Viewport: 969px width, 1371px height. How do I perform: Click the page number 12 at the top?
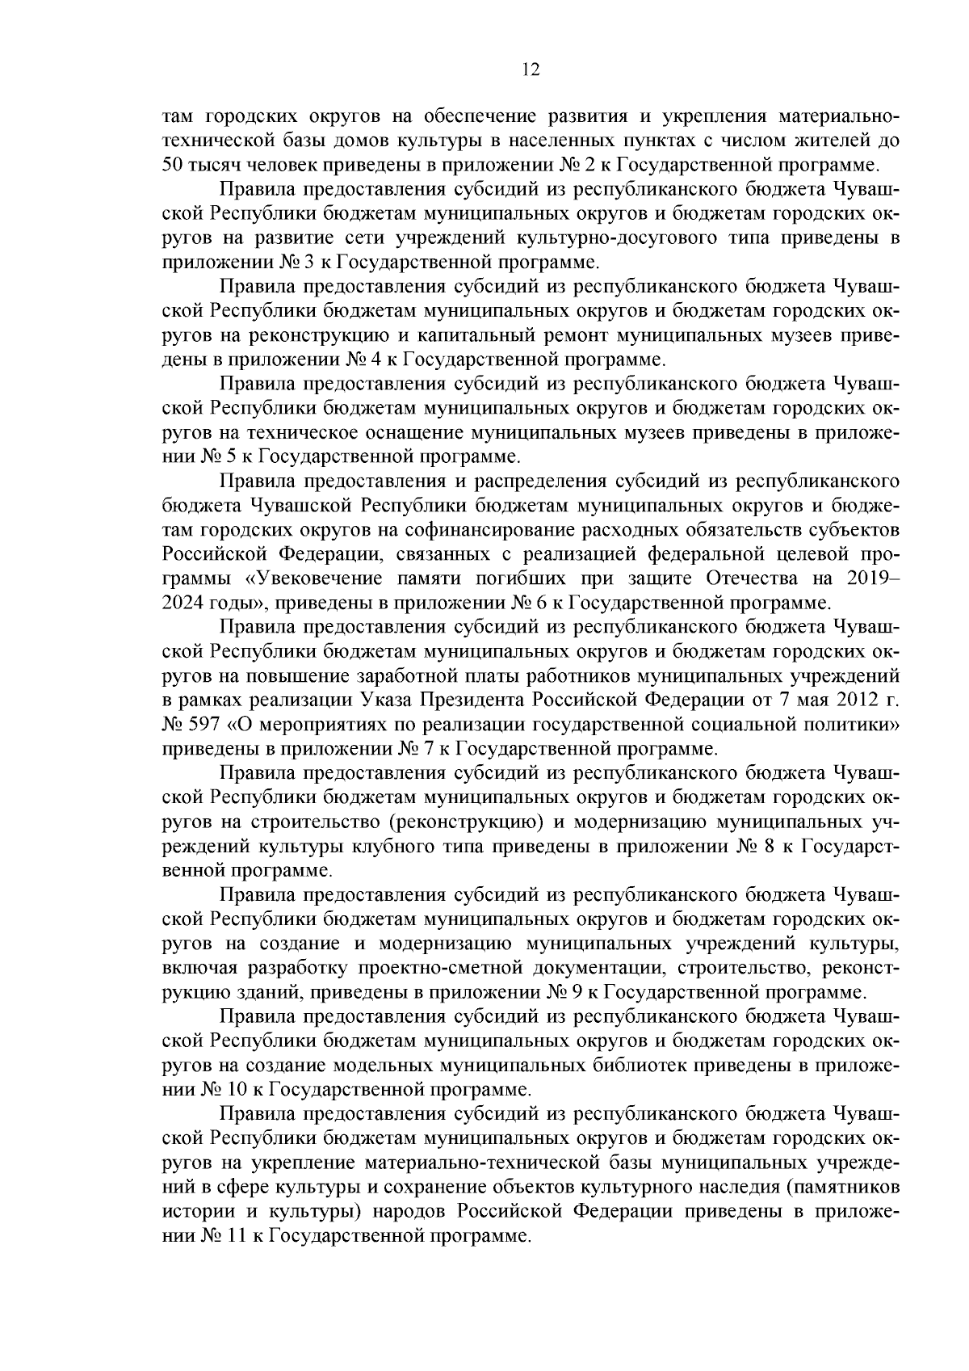tap(531, 69)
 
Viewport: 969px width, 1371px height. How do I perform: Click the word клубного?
tap(397, 847)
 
